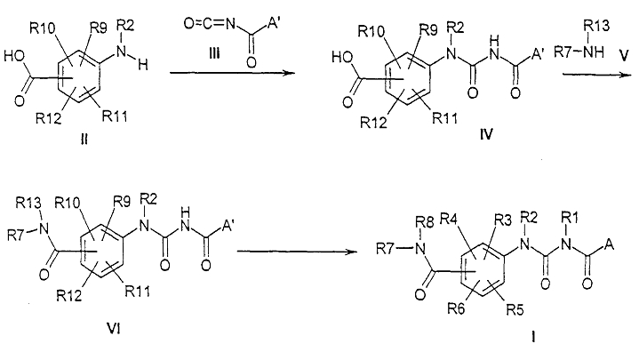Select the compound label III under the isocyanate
click(x=214, y=53)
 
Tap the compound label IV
click(x=486, y=133)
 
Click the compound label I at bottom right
click(x=533, y=338)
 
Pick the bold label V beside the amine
click(x=624, y=56)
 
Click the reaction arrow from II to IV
click(x=232, y=73)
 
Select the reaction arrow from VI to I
click(x=297, y=252)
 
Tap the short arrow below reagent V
click(x=596, y=75)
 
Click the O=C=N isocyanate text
click(x=210, y=24)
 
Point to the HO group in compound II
click(x=15, y=56)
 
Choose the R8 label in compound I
click(x=426, y=222)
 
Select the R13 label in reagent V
click(x=596, y=26)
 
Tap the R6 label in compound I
click(x=456, y=309)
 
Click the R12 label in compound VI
click(x=69, y=296)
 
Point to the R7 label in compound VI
click(x=17, y=236)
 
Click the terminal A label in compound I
click(x=610, y=244)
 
